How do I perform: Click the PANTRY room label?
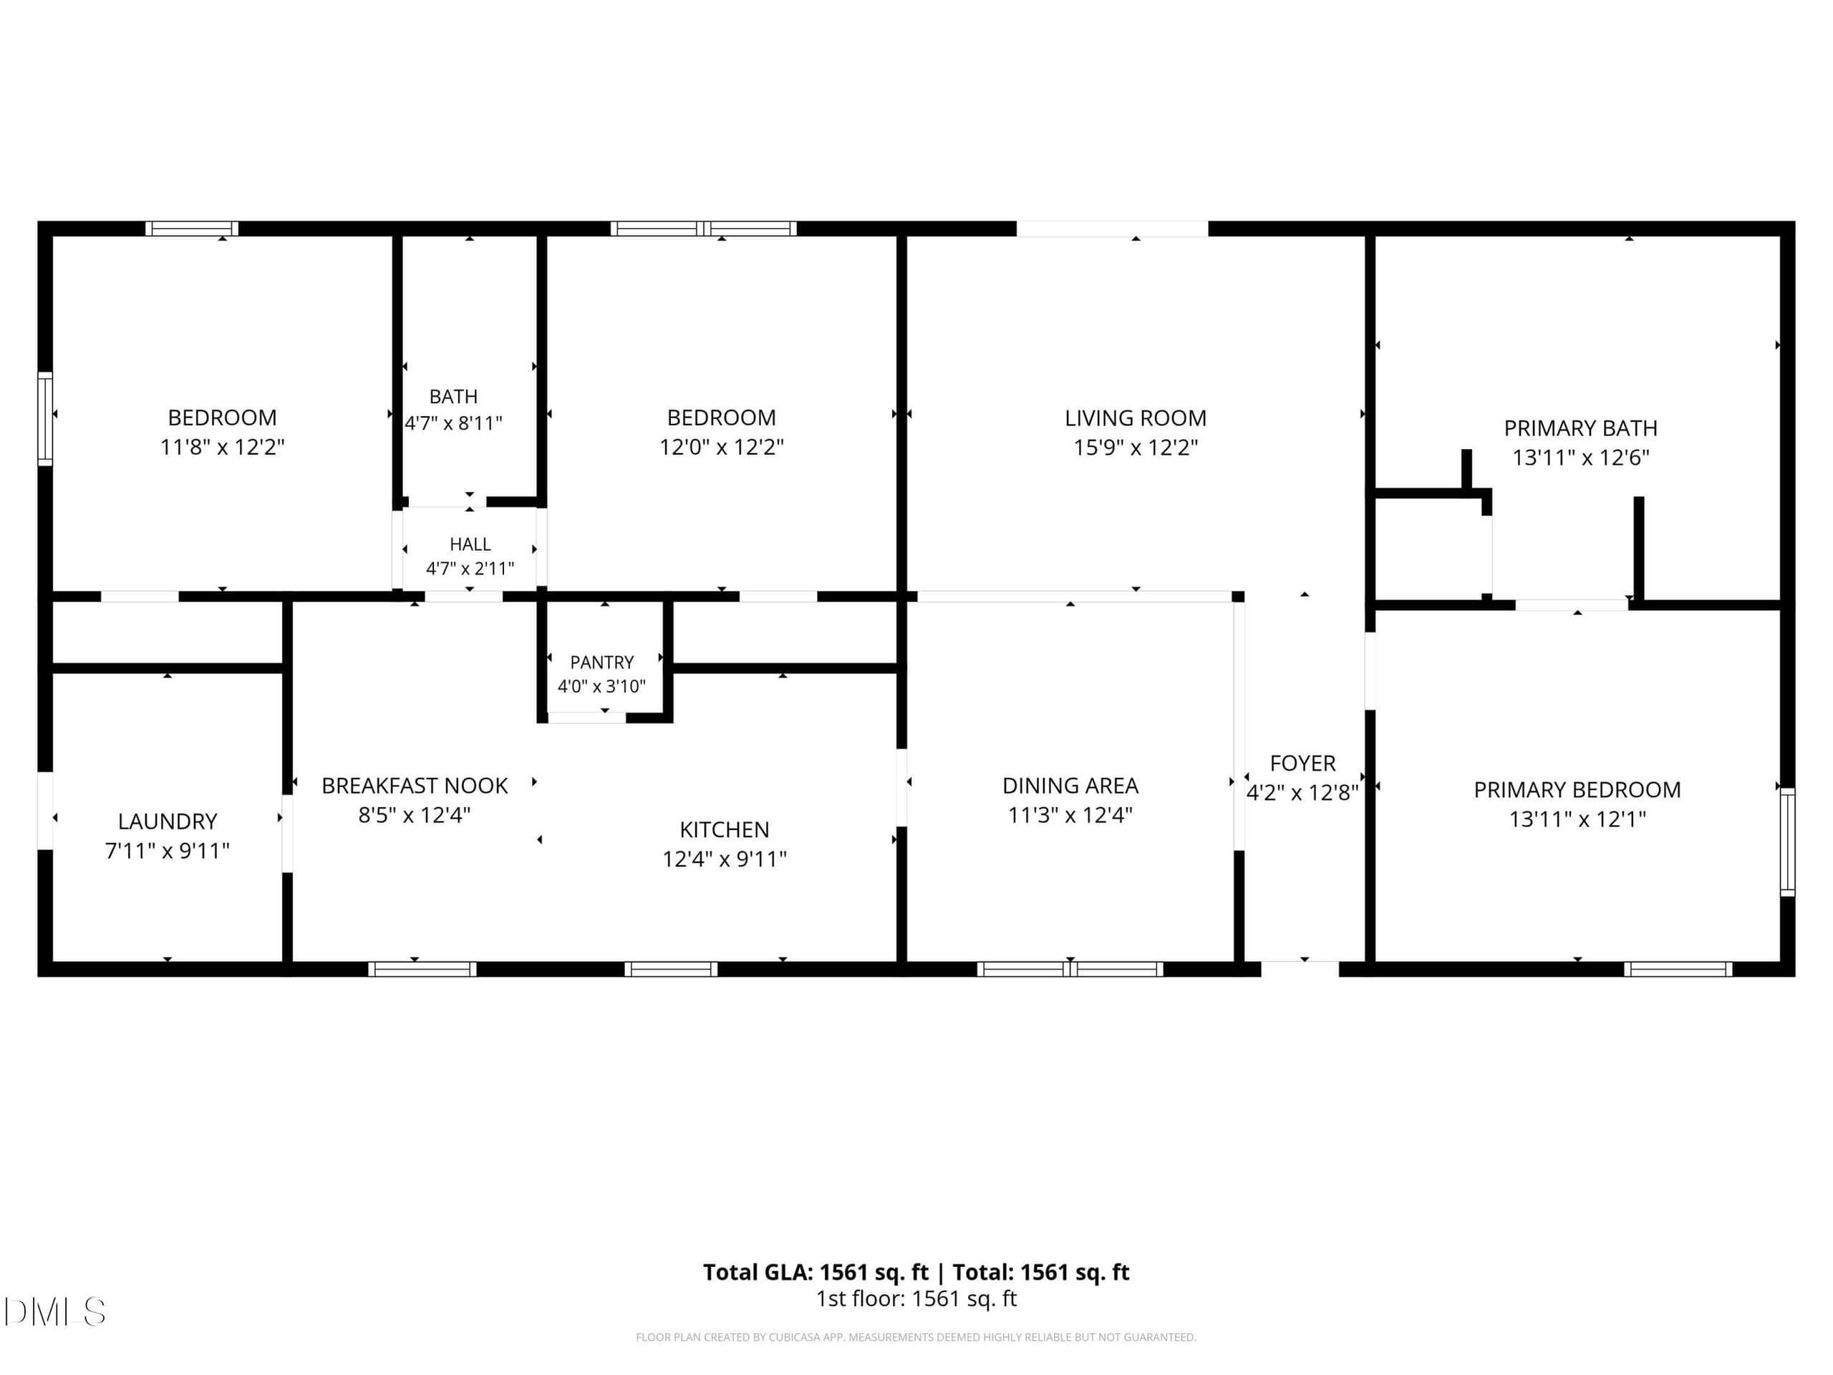[601, 662]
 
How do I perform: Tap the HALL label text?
[470, 544]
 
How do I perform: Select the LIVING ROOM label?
[1136, 418]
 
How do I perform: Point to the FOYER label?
[1302, 763]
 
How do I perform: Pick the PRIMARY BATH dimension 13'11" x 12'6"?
[1580, 458]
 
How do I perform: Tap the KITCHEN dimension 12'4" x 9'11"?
[725, 859]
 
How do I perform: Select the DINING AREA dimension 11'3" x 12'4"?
[1070, 815]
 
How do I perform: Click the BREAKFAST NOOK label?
[415, 786]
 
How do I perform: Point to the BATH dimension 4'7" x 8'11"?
[453, 423]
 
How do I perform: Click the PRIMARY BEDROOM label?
[1577, 790]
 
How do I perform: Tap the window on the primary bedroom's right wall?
[1787, 841]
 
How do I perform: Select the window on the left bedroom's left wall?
[44, 418]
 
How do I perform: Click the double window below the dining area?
[1070, 969]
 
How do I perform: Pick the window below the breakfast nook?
[422, 969]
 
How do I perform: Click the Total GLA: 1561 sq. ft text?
[816, 1272]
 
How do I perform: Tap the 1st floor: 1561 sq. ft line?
[916, 1299]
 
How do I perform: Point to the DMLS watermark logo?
[54, 1312]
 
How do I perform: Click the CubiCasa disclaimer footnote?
[916, 1337]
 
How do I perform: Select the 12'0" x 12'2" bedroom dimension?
[721, 448]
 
